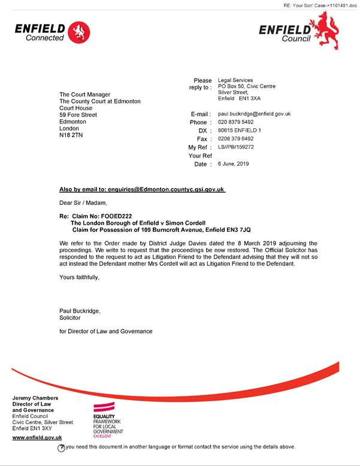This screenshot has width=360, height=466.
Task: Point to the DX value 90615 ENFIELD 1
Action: click(240, 131)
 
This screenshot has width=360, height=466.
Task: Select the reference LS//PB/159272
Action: click(236, 147)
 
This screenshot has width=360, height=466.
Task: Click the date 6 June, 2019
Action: click(233, 164)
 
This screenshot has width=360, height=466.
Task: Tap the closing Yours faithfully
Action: click(79, 277)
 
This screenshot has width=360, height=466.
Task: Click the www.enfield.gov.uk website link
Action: click(37, 438)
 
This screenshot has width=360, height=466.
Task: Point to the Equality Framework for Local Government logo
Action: click(108, 425)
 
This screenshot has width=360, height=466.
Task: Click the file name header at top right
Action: click(320, 5)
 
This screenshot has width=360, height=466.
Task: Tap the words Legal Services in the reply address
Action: click(235, 80)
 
